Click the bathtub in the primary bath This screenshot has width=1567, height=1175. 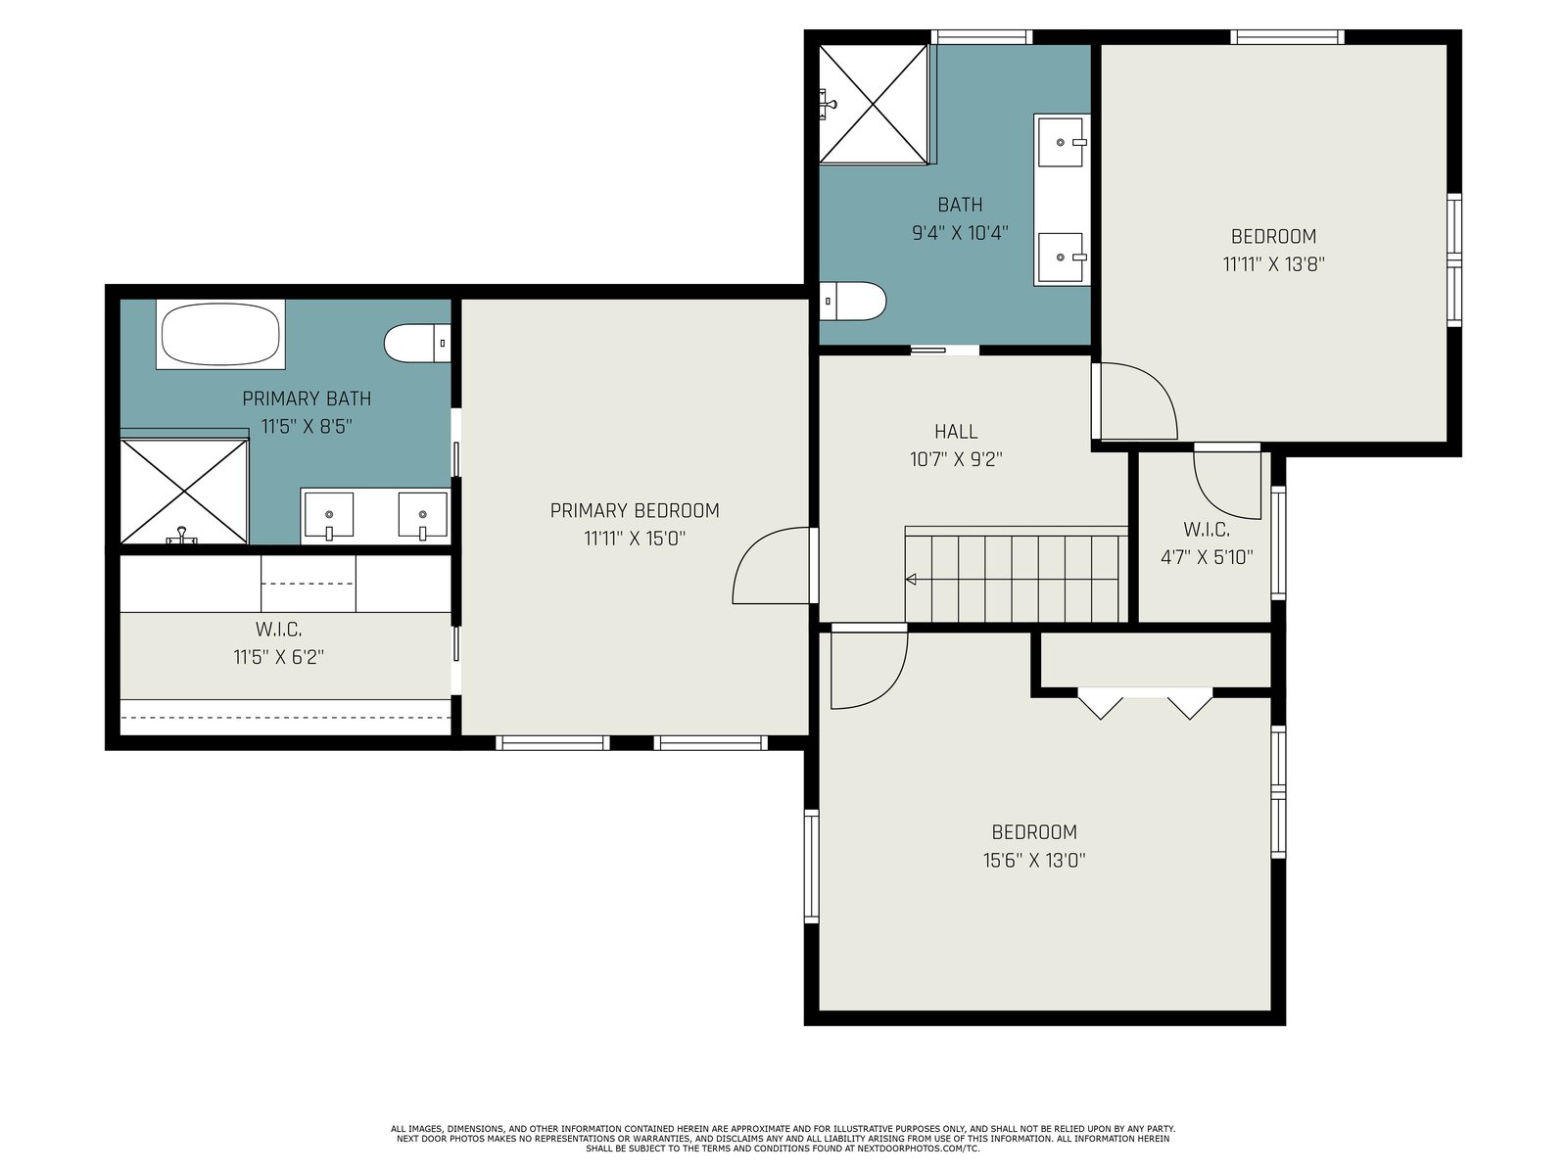(x=220, y=334)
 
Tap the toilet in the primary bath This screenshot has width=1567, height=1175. (x=417, y=343)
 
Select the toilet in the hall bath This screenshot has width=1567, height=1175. (x=852, y=301)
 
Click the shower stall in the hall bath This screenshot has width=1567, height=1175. (x=873, y=104)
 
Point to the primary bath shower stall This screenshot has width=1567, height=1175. (x=184, y=492)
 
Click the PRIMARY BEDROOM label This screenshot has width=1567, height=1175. (x=635, y=511)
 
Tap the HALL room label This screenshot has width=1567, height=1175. (x=956, y=432)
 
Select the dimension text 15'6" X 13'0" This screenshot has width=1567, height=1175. (x=1034, y=861)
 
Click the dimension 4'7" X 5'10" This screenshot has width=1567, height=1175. (x=1207, y=556)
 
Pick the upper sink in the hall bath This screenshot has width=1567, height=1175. (x=1062, y=143)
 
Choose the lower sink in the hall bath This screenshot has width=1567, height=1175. (x=1062, y=257)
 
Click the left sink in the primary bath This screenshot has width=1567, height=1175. (x=329, y=516)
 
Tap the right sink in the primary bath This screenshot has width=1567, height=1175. (x=423, y=516)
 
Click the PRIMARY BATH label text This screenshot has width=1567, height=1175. (x=307, y=399)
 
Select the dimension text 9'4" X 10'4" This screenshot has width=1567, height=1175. (x=960, y=233)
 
